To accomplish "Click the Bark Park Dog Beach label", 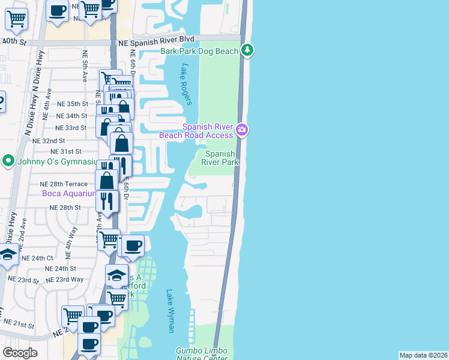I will pyautogui.click(x=199, y=52).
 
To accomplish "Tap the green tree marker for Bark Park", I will pyautogui.click(x=247, y=50).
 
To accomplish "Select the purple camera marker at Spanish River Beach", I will pyautogui.click(x=242, y=129).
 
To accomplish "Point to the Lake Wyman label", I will pyautogui.click(x=170, y=311).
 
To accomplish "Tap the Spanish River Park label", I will pyautogui.click(x=220, y=158).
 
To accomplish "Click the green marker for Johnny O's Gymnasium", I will pyautogui.click(x=8, y=161).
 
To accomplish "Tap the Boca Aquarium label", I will pyautogui.click(x=68, y=193).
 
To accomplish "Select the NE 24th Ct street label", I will pyautogui.click(x=37, y=258).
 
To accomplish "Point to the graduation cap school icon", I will pyautogui.click(x=116, y=275).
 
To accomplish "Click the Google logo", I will pyautogui.click(x=20, y=353).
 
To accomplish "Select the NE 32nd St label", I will pyautogui.click(x=49, y=140).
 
